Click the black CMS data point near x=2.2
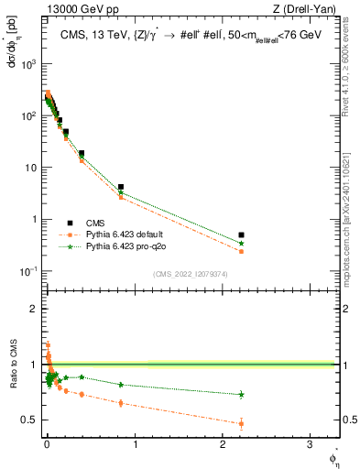tap(241, 235)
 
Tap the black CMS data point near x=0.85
tap(121, 187)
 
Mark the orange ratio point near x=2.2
tap(241, 423)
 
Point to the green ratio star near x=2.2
tap(241, 395)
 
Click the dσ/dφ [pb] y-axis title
tap(13, 41)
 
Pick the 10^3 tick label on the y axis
tap(28, 64)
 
